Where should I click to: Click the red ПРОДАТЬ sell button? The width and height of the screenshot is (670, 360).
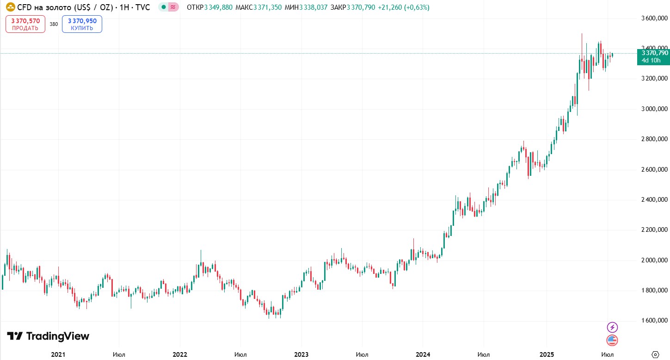click(25, 24)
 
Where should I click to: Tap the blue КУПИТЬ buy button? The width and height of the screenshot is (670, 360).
click(82, 24)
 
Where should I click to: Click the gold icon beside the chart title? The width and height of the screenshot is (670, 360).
click(10, 7)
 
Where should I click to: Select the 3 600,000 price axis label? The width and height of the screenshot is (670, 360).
click(654, 18)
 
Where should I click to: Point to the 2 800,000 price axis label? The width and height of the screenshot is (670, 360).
click(654, 139)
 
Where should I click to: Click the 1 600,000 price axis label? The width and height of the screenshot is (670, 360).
click(654, 320)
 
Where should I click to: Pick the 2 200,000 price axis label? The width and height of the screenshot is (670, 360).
click(654, 230)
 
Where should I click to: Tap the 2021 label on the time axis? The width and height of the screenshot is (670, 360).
click(58, 354)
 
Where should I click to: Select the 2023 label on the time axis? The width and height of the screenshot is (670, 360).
click(301, 354)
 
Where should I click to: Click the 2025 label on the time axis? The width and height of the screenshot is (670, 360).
click(547, 354)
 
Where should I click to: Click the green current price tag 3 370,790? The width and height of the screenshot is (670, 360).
click(653, 57)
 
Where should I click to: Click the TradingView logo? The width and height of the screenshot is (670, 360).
click(48, 336)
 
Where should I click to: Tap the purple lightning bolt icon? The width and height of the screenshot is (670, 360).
click(612, 327)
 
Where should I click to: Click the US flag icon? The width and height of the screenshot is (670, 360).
click(612, 340)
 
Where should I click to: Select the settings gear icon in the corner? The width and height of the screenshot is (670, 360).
click(655, 354)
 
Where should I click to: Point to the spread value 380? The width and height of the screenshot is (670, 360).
click(54, 24)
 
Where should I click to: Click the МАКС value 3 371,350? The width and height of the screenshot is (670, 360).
click(267, 7)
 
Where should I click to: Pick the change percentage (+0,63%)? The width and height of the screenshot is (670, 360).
click(417, 7)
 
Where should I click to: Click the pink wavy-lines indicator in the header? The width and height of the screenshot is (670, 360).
click(173, 7)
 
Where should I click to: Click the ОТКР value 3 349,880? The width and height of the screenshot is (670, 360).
click(218, 7)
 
